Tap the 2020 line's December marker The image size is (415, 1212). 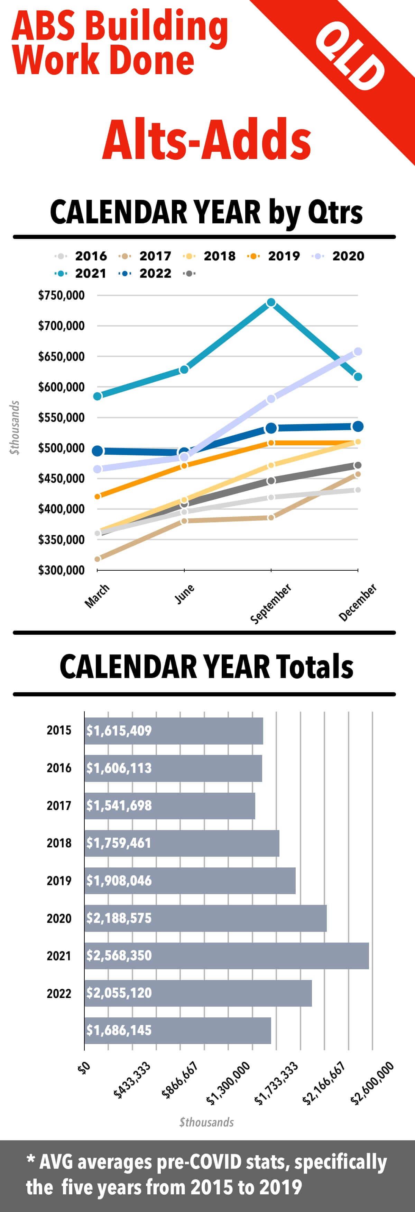[358, 351]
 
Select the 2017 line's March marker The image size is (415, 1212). [97, 559]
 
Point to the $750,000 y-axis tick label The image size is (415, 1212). [61, 295]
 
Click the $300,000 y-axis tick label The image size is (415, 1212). [61, 570]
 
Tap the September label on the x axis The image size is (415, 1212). [271, 603]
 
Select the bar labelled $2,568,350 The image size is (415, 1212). [227, 956]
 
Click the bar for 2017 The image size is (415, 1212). [170, 805]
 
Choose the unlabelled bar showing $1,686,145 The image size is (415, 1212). [178, 1031]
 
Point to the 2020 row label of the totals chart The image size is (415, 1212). [59, 918]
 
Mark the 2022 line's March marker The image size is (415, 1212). [97, 451]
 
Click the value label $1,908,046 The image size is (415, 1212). [119, 881]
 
